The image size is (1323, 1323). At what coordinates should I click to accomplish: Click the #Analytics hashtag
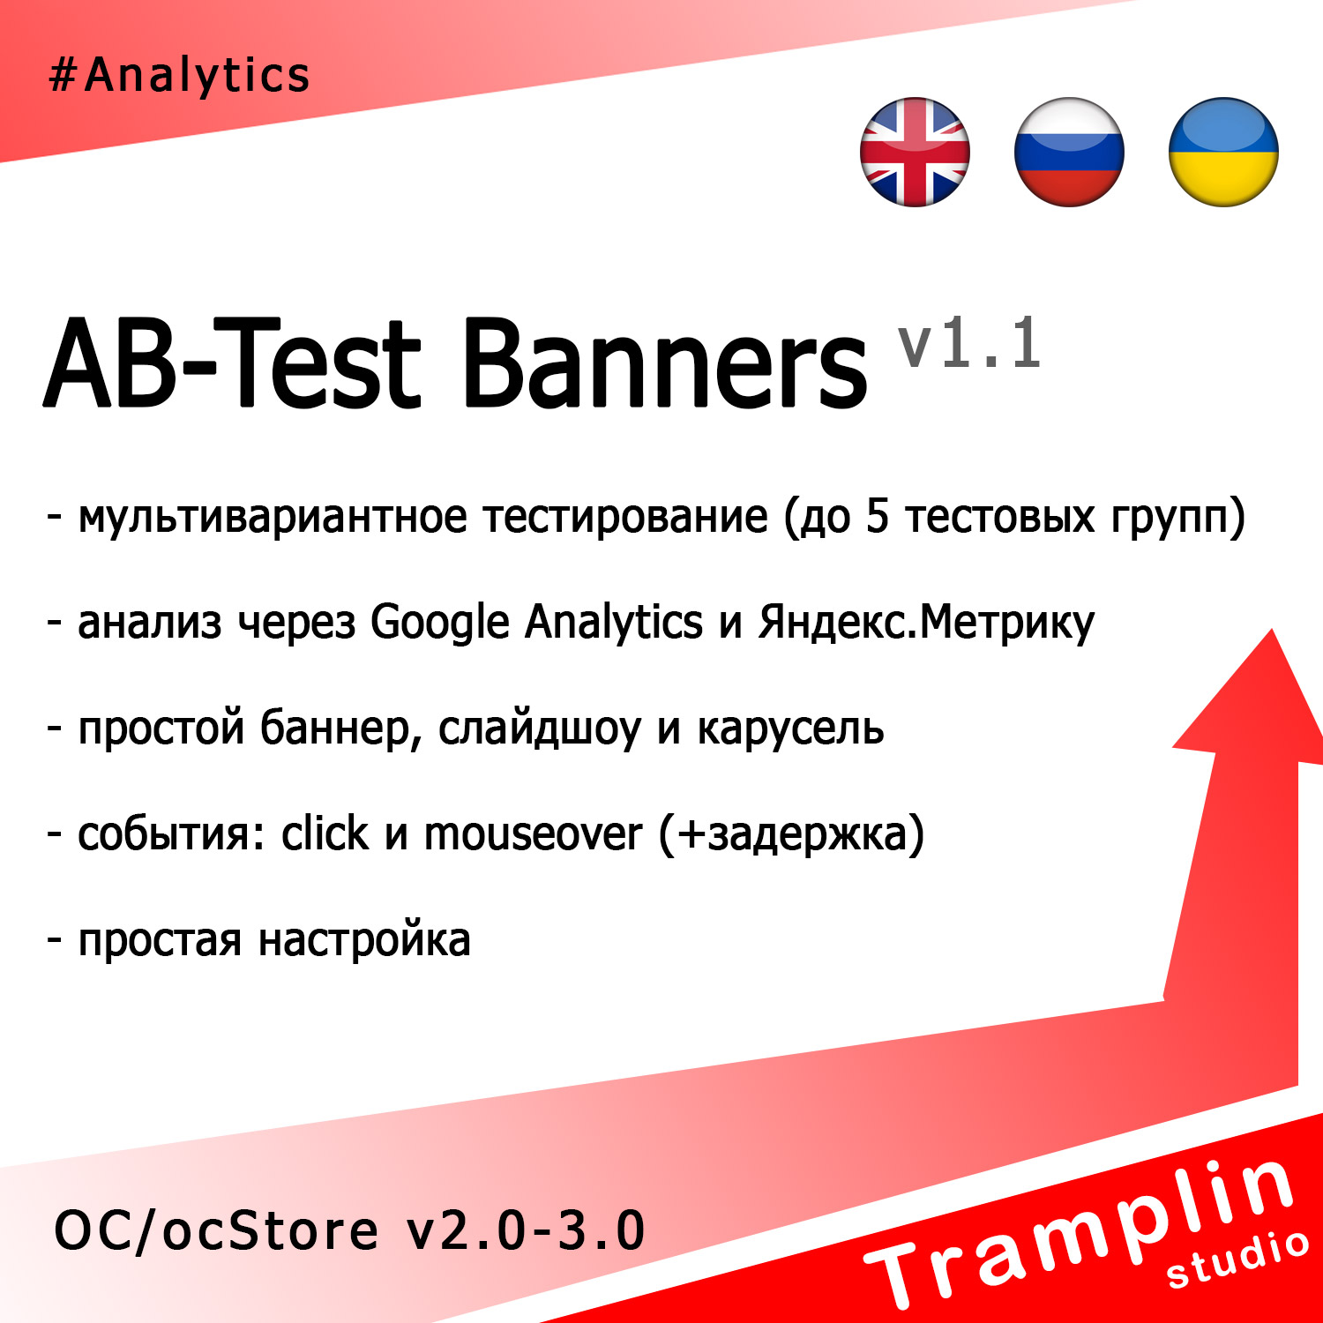[179, 74]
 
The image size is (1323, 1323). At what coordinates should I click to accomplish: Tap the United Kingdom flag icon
[915, 152]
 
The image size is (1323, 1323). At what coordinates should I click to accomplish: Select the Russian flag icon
[1069, 152]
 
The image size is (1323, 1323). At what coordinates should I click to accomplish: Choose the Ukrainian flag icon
[1223, 152]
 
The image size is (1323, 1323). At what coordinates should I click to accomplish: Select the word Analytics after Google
[614, 623]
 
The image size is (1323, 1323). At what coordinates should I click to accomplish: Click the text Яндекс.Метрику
[926, 623]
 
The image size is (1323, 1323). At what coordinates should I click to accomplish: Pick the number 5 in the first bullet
[877, 516]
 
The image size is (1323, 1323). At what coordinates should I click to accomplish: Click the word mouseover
[534, 834]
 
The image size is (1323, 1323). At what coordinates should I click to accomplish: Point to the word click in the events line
[325, 834]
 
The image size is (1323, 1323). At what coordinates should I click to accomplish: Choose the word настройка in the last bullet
[364, 940]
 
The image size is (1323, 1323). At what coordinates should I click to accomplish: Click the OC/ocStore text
[216, 1231]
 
